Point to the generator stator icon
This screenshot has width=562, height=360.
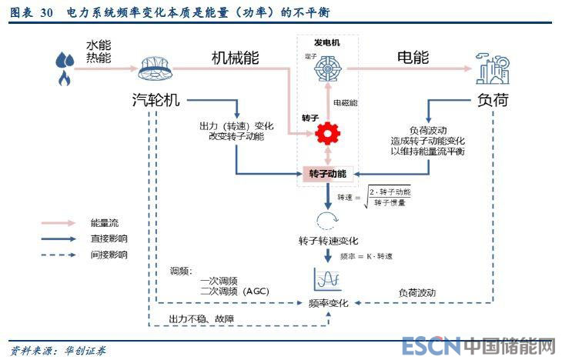click(x=328, y=68)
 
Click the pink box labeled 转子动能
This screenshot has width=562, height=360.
click(x=328, y=174)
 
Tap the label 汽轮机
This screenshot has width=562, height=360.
click(x=156, y=100)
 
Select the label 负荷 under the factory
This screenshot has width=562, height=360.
click(x=493, y=100)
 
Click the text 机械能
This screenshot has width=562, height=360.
click(x=236, y=58)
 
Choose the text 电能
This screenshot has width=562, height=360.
click(x=413, y=58)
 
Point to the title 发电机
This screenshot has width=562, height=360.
click(x=326, y=42)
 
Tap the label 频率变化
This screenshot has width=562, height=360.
click(x=329, y=303)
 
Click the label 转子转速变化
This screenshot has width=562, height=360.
click(x=329, y=242)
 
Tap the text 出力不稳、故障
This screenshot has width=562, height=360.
click(x=202, y=318)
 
